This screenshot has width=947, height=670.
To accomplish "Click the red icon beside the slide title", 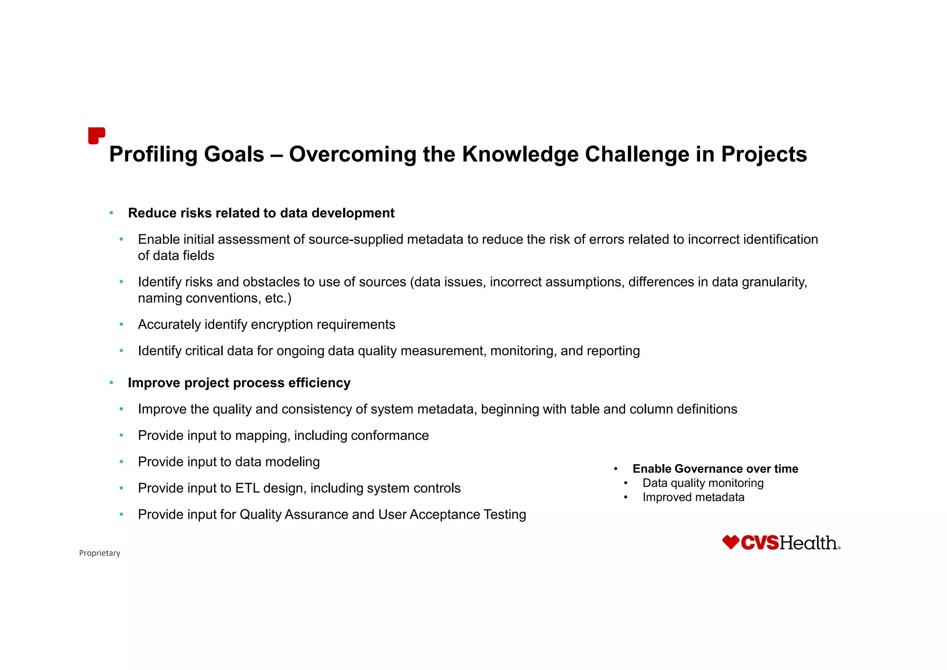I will [96, 136].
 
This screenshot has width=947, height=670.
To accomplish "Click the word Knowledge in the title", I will [520, 155].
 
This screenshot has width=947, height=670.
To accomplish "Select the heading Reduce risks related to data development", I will [261, 213].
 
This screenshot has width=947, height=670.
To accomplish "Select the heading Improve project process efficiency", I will [239, 383].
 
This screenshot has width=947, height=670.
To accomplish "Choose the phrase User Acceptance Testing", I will [452, 515].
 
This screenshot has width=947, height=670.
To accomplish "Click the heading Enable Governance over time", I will [715, 469].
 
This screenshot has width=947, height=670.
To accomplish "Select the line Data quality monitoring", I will [702, 483].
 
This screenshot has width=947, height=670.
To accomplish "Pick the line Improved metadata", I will [693, 497].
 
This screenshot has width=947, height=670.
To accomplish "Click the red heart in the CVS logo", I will [730, 542].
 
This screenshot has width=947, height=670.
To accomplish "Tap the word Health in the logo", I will [808, 543].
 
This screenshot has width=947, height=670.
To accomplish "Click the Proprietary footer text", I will [99, 553].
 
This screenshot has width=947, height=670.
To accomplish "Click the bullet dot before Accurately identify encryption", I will [121, 325].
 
